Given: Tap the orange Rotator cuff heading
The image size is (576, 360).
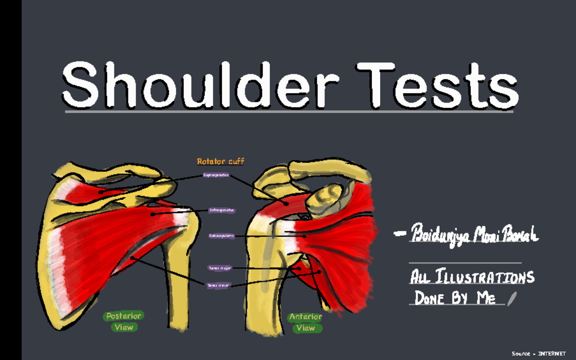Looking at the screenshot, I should (x=221, y=162).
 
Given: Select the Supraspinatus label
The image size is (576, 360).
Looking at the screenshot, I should (x=216, y=175).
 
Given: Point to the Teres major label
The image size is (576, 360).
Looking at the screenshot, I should (x=220, y=268).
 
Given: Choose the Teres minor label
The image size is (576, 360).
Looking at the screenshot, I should (x=218, y=285).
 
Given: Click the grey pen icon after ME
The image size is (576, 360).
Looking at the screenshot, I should (x=512, y=298).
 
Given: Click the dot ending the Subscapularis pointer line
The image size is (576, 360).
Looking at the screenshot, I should (x=304, y=236).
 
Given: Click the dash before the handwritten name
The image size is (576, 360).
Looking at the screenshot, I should (x=399, y=234).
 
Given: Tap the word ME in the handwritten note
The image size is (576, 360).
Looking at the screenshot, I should (x=485, y=299).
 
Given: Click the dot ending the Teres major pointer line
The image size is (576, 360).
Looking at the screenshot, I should (x=300, y=268).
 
